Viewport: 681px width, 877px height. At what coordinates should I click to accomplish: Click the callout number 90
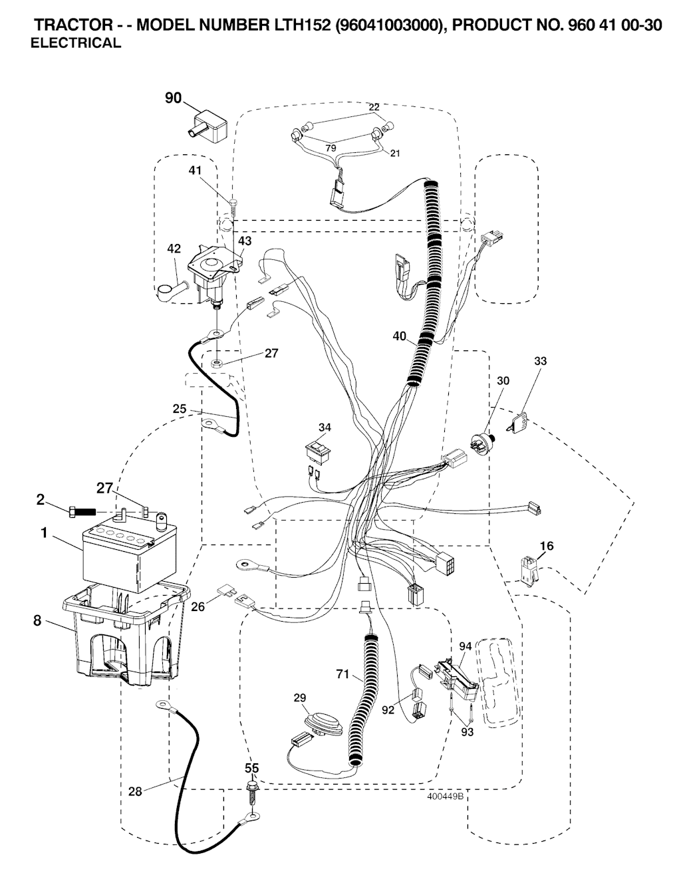173,98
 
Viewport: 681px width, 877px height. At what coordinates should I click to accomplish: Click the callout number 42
174,249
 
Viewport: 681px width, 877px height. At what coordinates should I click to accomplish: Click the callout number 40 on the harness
400,336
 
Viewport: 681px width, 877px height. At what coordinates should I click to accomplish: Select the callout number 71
342,674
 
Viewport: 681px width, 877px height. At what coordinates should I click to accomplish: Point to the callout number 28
135,791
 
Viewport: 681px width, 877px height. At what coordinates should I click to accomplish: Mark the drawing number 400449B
445,796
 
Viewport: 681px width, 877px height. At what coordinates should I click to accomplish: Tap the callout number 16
546,546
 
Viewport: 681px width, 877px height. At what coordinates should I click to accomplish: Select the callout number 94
465,646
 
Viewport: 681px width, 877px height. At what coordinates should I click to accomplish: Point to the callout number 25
180,409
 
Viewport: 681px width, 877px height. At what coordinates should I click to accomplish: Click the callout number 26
198,606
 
